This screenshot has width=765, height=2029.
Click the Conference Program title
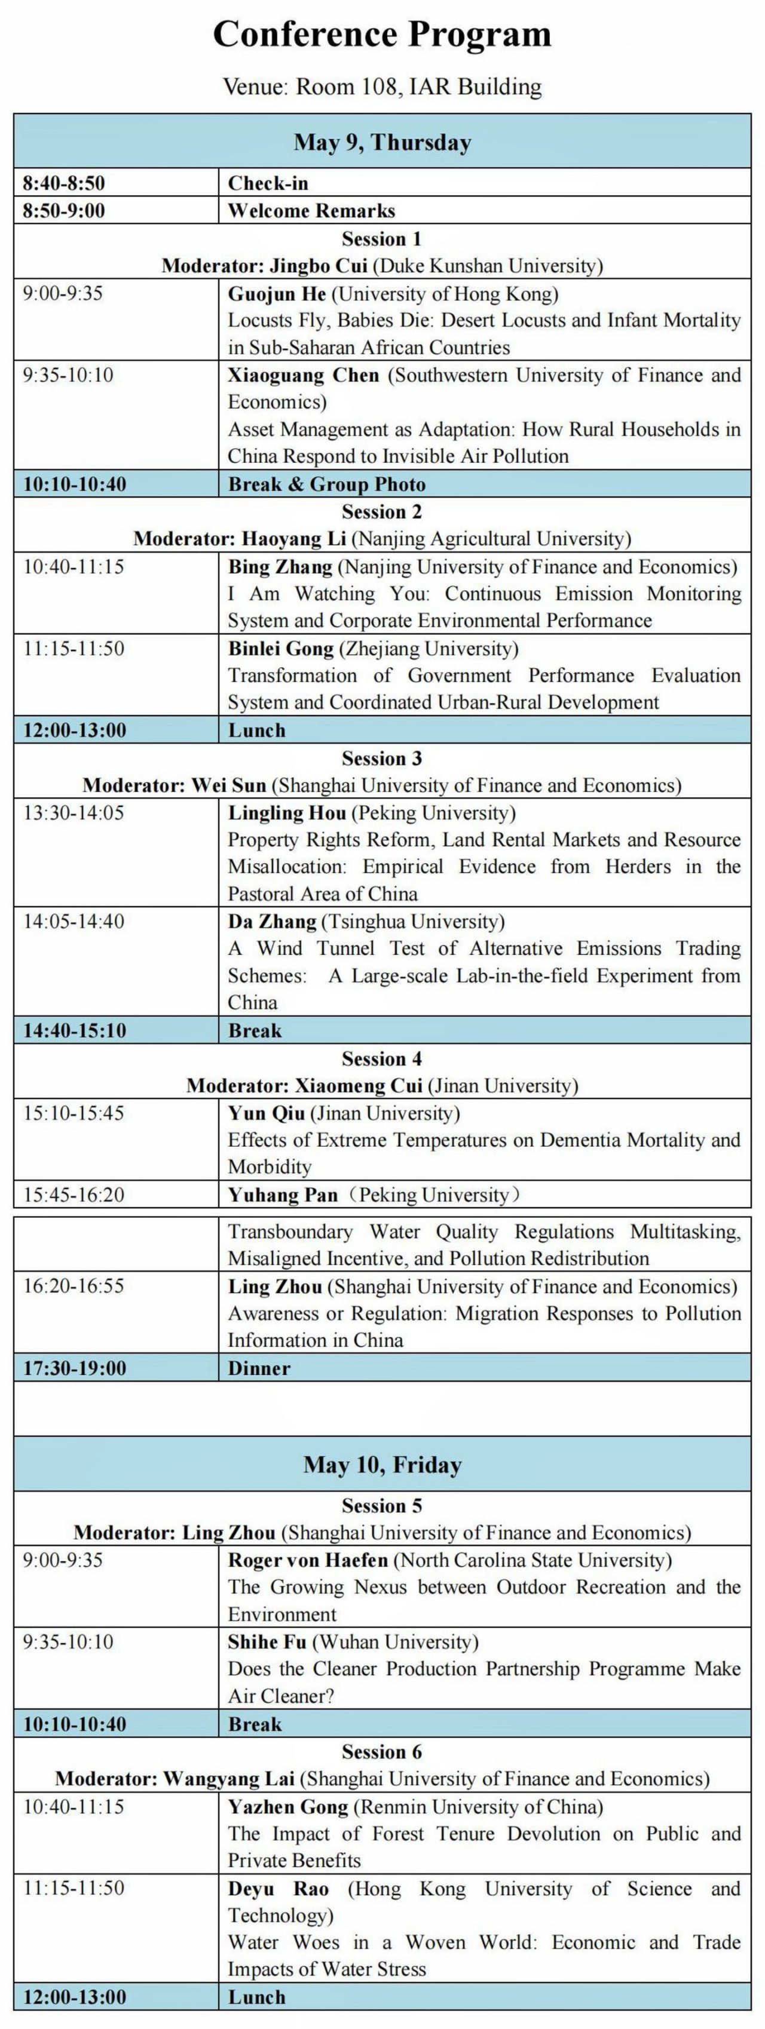tap(382, 35)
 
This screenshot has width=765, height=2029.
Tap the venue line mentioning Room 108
tap(382, 87)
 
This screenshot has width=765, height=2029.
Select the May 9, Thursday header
tap(382, 143)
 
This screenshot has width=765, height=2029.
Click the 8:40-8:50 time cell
tap(64, 183)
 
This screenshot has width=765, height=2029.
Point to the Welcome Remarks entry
tap(311, 211)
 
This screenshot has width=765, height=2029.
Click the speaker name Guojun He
tap(277, 294)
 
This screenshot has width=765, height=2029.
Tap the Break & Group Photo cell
tap(326, 484)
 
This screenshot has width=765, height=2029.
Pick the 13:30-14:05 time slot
tap(74, 813)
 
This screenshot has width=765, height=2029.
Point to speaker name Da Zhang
tap(272, 922)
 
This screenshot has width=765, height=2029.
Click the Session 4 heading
tap(382, 1058)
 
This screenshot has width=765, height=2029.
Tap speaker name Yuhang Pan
tap(282, 1195)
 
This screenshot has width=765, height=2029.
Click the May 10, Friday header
tap(382, 1465)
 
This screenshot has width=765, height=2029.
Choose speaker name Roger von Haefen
tap(308, 1560)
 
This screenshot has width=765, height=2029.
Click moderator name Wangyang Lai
tap(228, 1779)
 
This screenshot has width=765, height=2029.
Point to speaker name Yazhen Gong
tap(287, 1807)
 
